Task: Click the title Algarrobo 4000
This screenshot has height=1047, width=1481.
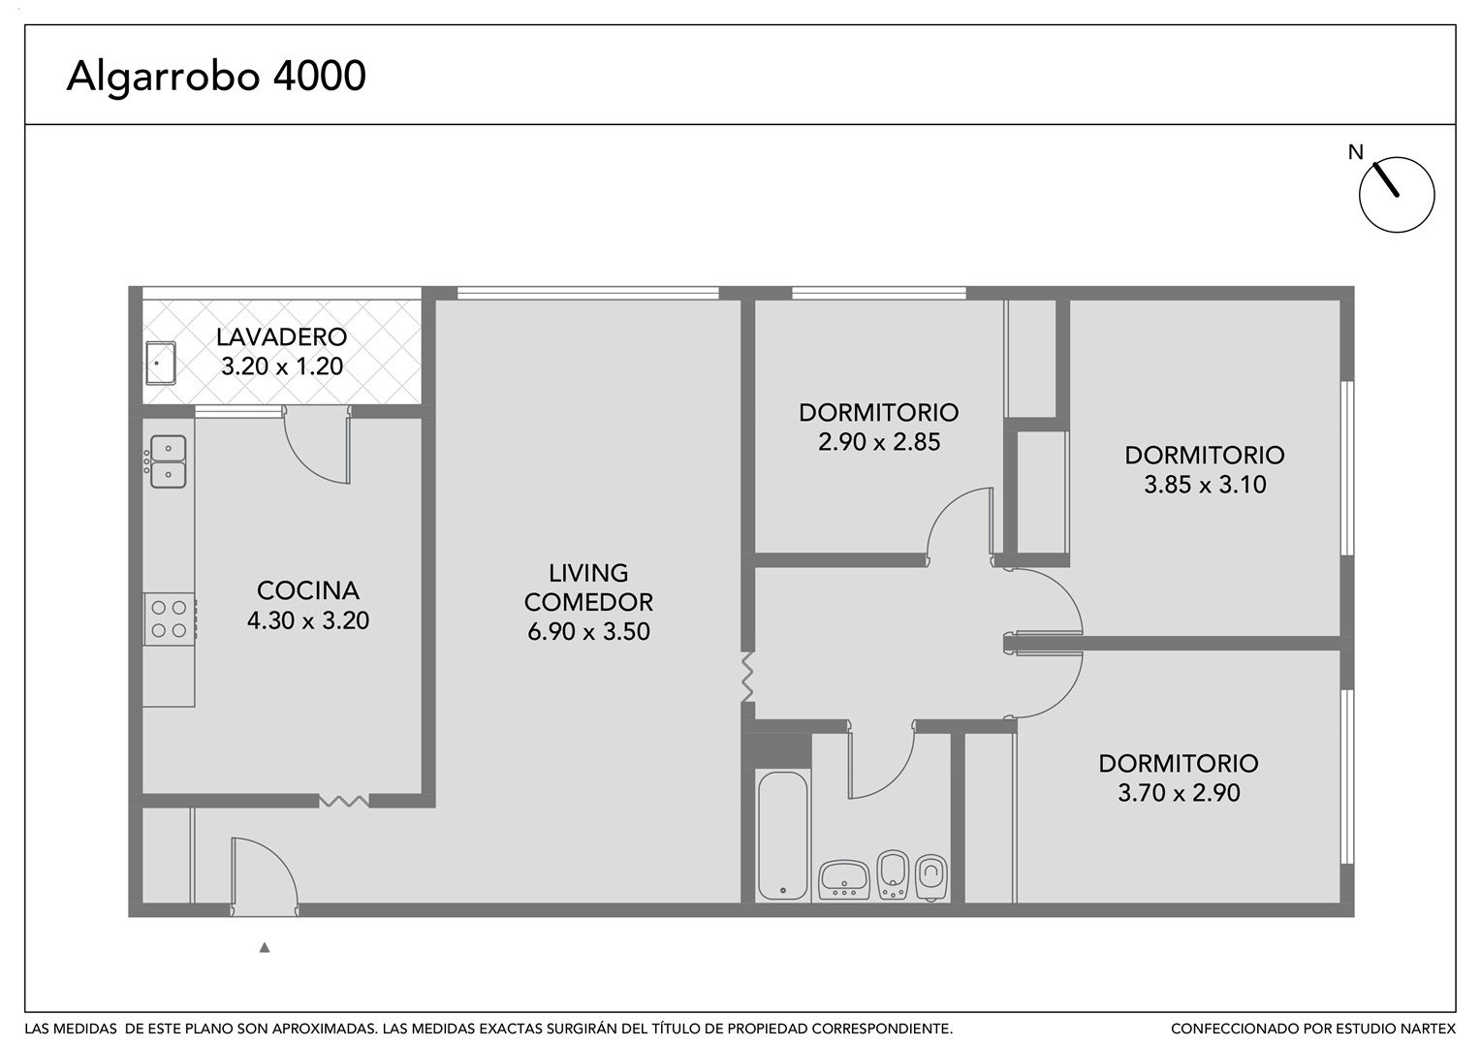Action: coord(215,76)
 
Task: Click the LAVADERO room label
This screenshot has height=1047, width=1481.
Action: coord(282,336)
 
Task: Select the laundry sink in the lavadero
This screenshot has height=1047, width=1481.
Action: coord(161,363)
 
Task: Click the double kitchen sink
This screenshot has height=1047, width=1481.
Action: coord(168,461)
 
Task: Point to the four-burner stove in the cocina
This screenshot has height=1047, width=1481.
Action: coord(170,619)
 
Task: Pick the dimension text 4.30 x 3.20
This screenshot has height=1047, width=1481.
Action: coord(308,620)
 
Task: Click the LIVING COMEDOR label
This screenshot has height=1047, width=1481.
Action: coord(588,587)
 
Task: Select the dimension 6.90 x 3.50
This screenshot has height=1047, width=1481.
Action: coord(588,632)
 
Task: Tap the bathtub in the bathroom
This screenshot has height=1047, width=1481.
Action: coord(783,836)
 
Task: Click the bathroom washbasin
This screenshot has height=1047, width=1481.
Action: coord(844,880)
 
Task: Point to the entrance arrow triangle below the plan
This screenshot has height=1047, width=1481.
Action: coord(265,948)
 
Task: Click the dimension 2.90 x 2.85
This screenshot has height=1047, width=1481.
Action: coord(879,442)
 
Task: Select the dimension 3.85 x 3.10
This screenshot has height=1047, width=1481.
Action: coord(1205,484)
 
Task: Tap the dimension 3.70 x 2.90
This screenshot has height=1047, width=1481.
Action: coord(1179,792)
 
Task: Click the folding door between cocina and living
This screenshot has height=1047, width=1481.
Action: coord(344,802)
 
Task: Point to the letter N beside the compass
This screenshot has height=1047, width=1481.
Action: coord(1355,153)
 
